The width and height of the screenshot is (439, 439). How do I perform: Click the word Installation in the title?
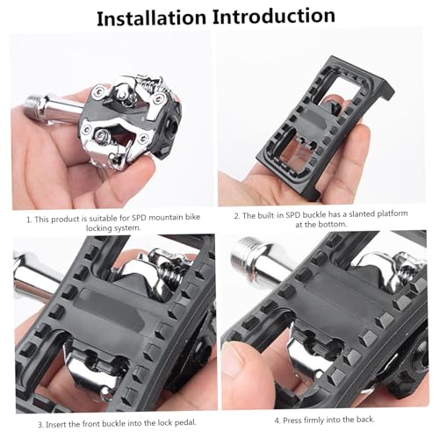coord(155,18)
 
